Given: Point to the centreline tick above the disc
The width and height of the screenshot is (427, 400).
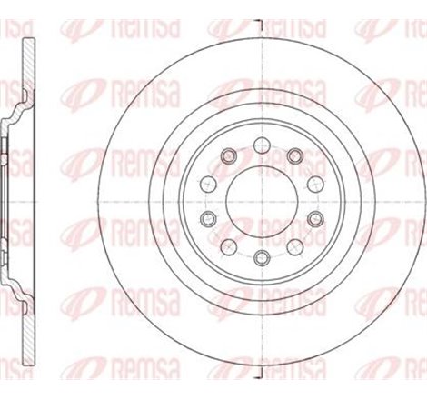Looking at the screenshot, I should pos(261,23).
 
